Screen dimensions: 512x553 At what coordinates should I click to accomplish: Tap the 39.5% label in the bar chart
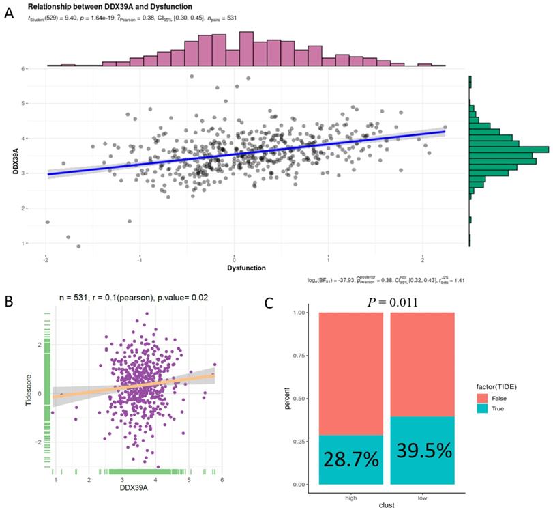click(x=422, y=451)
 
